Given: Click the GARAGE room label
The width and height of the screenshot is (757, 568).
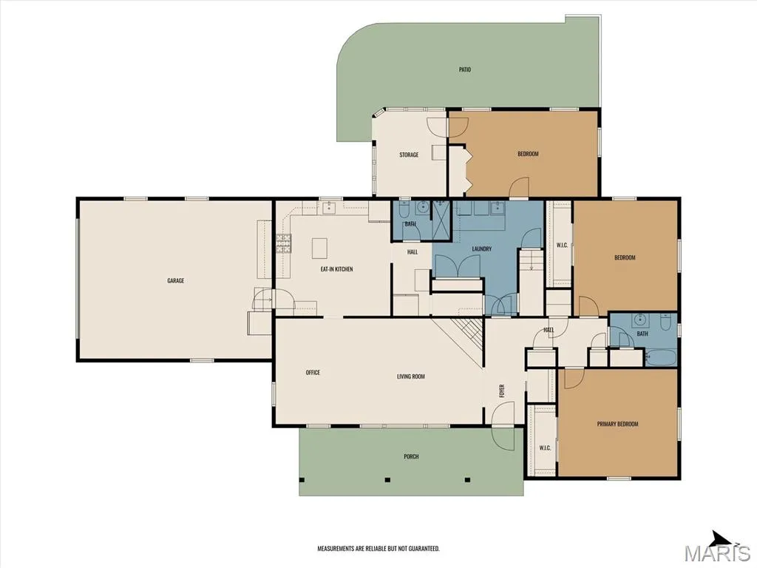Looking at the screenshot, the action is [x=175, y=280].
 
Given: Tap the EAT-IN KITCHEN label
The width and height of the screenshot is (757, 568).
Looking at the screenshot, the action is [x=336, y=269].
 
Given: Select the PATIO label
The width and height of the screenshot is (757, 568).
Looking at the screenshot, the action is [x=464, y=70].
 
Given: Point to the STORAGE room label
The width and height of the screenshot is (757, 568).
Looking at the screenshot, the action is [x=408, y=155].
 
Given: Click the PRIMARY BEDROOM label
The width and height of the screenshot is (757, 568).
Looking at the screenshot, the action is [x=617, y=424].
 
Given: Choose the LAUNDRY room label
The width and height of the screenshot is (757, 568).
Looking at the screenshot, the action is [x=481, y=248].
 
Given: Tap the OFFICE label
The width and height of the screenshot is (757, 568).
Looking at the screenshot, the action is [x=313, y=373].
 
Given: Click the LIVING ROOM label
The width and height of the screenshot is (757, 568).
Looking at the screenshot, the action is [x=411, y=376].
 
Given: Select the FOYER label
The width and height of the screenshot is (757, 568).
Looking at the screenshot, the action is [x=502, y=390].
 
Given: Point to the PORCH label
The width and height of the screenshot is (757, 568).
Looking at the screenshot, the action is [x=411, y=456].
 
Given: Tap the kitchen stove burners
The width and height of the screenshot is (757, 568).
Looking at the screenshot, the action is [x=284, y=243].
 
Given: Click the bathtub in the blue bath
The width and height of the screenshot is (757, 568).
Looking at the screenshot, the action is [x=662, y=358].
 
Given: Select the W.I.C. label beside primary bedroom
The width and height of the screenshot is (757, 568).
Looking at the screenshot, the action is [x=545, y=447].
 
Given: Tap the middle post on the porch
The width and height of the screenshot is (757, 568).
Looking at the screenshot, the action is [x=387, y=479].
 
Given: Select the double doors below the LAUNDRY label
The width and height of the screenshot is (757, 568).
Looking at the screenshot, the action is [x=457, y=266].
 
